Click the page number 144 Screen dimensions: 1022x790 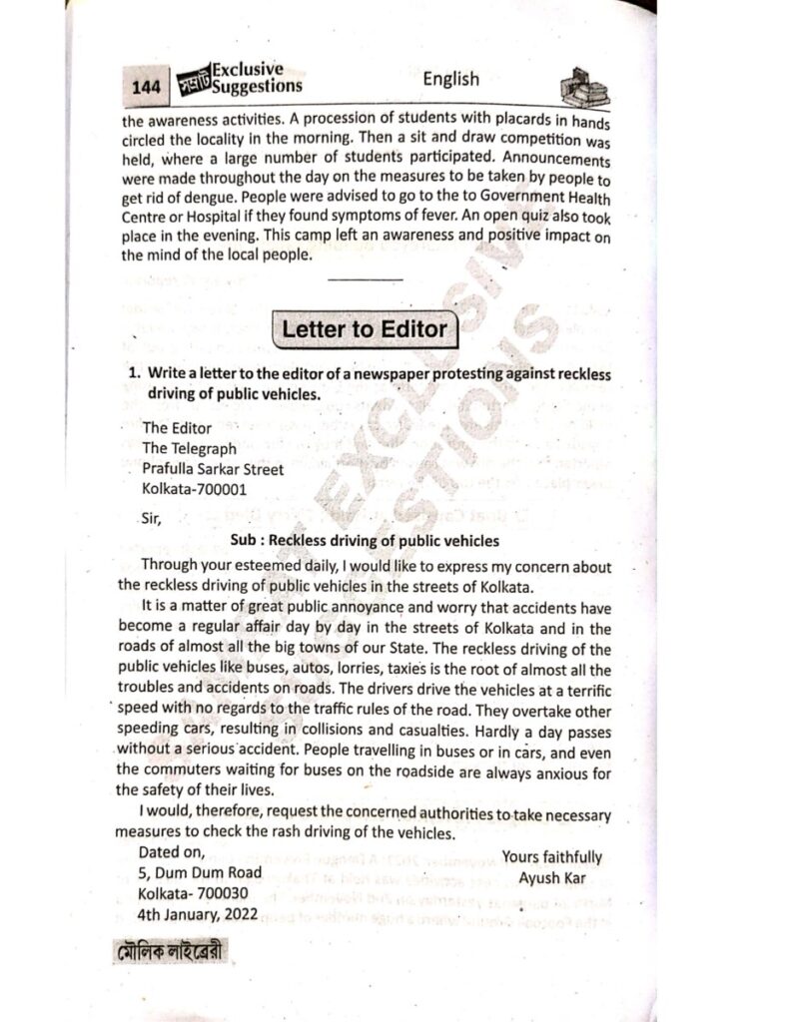146,89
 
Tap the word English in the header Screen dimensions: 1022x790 450,79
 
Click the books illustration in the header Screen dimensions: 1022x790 584,87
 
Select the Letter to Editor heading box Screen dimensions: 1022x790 364,329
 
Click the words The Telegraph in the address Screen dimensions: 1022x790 189,448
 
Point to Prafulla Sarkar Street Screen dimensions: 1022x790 212,468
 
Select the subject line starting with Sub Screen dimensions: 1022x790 364,541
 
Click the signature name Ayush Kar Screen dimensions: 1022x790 551,879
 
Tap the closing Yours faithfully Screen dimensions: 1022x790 551,857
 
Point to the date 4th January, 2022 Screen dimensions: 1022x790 198,913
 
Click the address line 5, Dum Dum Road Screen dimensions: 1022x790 201,872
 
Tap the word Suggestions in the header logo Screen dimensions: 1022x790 257,87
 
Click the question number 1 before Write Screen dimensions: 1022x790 131,372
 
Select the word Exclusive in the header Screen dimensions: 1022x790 248,70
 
